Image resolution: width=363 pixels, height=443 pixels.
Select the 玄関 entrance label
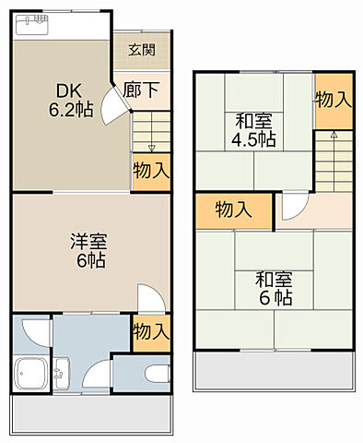click(142, 51)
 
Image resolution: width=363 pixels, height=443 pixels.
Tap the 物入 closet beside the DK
click(150, 170)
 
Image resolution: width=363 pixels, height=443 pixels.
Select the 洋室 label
click(89, 242)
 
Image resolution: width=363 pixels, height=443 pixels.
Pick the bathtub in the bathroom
click(30, 375)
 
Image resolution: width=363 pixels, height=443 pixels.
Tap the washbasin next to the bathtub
click(62, 374)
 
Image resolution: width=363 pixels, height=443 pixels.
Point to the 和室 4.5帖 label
click(253, 129)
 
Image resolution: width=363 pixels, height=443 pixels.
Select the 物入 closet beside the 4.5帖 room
click(333, 99)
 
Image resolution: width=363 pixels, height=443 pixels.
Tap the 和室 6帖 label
click(274, 288)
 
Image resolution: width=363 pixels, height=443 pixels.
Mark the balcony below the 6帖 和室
click(274, 373)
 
